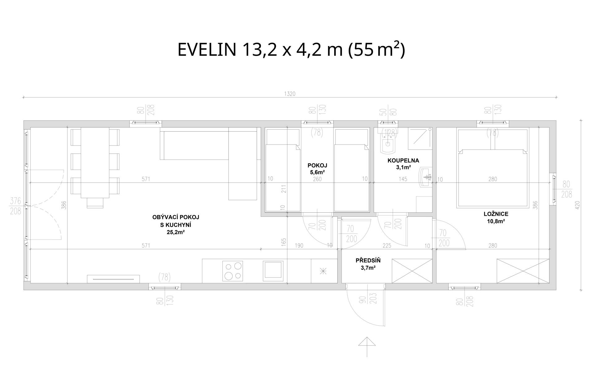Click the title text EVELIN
(207, 50)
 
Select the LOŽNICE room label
(496, 214)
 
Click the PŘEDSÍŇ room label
(368, 261)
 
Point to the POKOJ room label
(317, 165)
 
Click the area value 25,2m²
(175, 232)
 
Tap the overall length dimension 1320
(290, 94)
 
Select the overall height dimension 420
(578, 205)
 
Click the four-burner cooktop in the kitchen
(233, 271)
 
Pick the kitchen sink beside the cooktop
(273, 270)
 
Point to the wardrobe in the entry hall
(412, 271)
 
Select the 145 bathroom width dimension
(403, 179)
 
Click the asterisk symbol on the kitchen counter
(323, 271)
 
